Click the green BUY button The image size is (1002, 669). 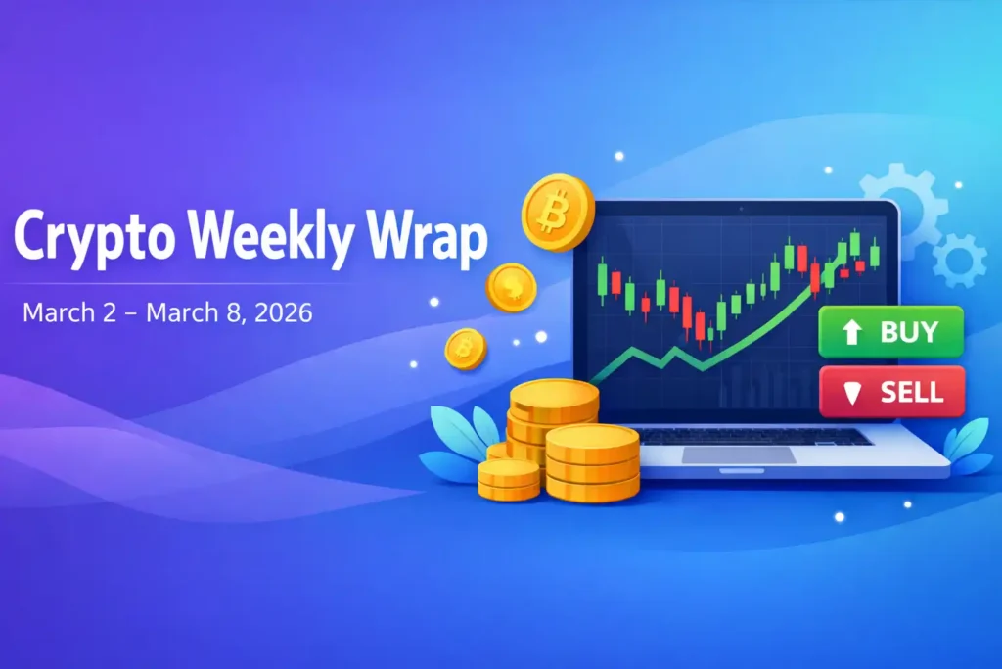(891, 331)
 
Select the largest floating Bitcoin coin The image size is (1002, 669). (558, 213)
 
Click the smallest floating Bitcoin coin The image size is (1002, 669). (466, 349)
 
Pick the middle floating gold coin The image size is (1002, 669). (512, 288)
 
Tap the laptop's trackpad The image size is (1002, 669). (739, 454)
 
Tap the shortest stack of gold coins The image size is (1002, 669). (509, 478)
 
